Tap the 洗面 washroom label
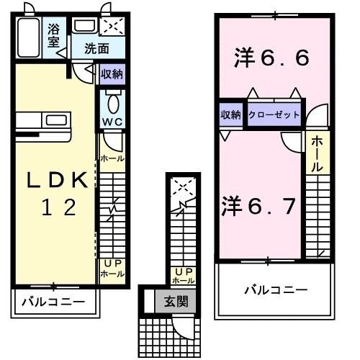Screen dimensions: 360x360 click(x=95, y=50)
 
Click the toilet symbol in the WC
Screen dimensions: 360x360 click(x=112, y=99)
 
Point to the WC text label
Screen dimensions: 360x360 click(x=112, y=122)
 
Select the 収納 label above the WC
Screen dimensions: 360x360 click(x=111, y=73)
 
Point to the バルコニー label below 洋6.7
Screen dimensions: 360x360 click(x=274, y=289)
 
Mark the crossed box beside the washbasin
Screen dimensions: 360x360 click(x=114, y=27)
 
